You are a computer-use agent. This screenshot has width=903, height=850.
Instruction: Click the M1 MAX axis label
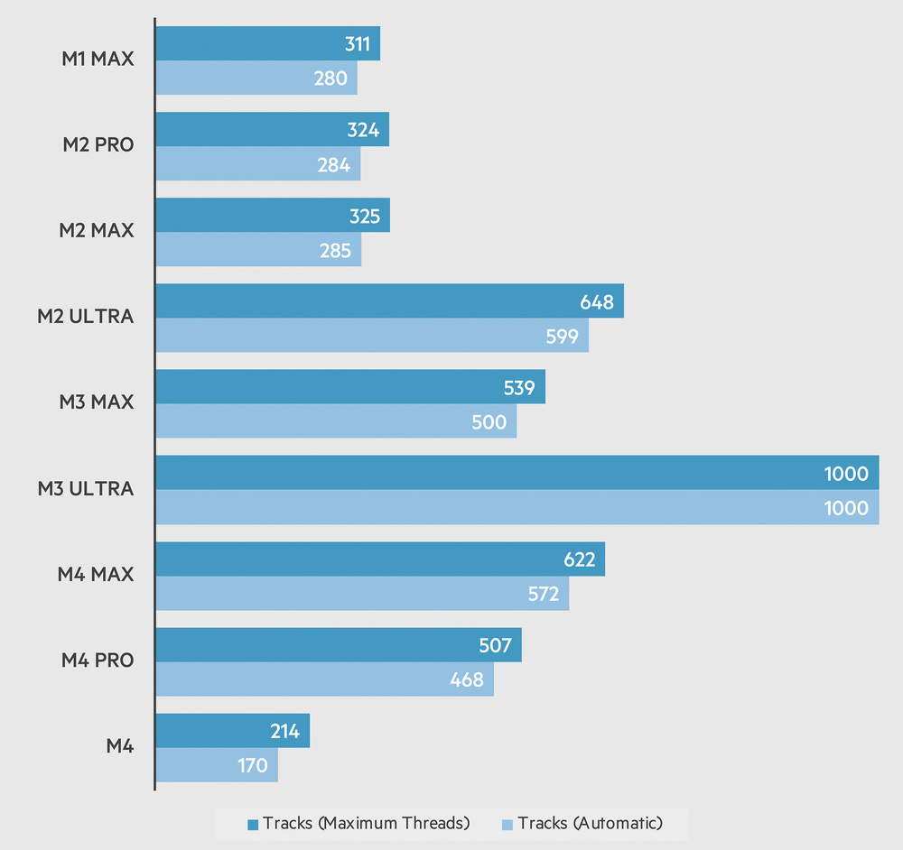point(96,60)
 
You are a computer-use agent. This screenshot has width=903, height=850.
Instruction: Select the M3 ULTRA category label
point(86,489)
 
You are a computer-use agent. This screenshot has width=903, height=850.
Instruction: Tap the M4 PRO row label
point(98,661)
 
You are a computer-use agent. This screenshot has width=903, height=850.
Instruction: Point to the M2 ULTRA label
point(86,317)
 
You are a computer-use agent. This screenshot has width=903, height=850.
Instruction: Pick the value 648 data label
point(596,301)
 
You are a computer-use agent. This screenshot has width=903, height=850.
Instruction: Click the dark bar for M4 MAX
point(379,559)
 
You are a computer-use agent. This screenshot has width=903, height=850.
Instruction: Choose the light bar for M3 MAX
point(334,421)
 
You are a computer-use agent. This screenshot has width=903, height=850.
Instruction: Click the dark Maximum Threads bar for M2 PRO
point(271,129)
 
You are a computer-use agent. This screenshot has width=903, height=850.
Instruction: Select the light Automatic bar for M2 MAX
point(257,250)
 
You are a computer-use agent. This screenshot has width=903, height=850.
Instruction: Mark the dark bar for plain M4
point(232,731)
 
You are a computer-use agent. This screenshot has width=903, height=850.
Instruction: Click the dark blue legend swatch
point(254,824)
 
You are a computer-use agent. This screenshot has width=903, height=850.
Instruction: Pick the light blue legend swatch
point(507,824)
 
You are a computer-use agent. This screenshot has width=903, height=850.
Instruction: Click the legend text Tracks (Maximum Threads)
point(366,823)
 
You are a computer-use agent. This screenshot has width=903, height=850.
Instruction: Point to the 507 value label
point(494,645)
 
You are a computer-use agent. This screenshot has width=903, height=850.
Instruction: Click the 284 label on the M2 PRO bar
point(333,164)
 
